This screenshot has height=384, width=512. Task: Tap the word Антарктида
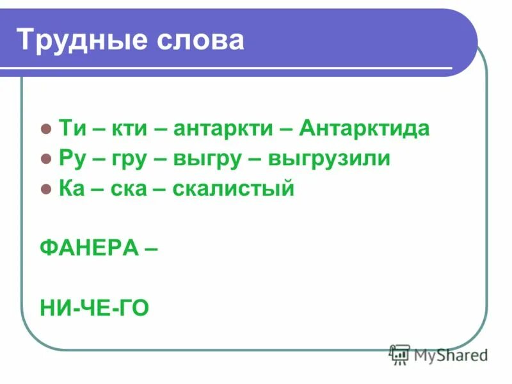(x=365, y=128)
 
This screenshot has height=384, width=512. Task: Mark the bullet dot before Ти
(x=45, y=129)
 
